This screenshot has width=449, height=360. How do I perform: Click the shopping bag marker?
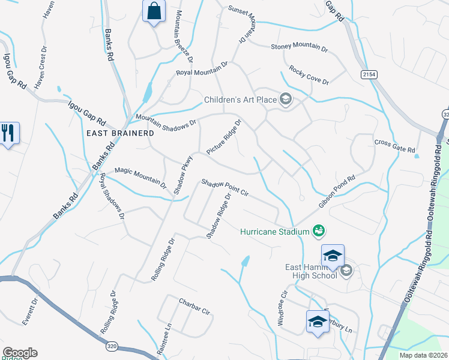point(154,10)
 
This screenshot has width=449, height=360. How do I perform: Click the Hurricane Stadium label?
point(275,231)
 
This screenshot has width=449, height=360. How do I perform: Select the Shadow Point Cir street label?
point(224,187)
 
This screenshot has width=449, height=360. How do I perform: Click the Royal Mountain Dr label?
point(202,68)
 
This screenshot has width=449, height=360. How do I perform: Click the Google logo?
point(20,353)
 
